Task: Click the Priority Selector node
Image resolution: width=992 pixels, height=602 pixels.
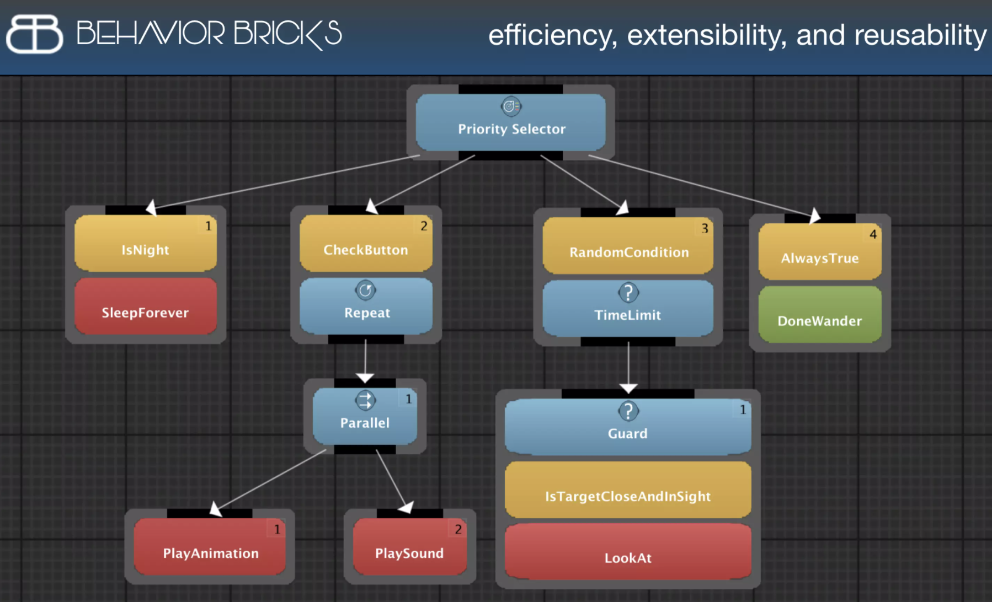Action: [510, 123]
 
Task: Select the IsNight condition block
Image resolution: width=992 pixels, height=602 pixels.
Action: [146, 244]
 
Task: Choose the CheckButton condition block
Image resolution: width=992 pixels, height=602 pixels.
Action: [366, 244]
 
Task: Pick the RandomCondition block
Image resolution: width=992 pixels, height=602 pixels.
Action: [628, 246]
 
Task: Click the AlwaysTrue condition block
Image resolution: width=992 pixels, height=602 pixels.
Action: [820, 252]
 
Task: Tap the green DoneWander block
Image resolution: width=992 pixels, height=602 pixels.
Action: [820, 315]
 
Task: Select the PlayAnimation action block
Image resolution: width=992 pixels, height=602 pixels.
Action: [210, 547]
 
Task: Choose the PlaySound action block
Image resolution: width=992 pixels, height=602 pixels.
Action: [409, 547]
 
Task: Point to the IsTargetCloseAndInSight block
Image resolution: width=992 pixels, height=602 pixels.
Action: [628, 491]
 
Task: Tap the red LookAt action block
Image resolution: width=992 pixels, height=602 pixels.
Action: [628, 553]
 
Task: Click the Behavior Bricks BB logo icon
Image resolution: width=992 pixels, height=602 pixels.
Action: [34, 34]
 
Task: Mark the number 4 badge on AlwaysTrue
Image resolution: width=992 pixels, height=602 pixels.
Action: [873, 234]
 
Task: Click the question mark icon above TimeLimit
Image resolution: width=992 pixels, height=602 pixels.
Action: [628, 292]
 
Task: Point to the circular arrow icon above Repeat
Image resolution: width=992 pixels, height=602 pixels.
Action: [365, 290]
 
